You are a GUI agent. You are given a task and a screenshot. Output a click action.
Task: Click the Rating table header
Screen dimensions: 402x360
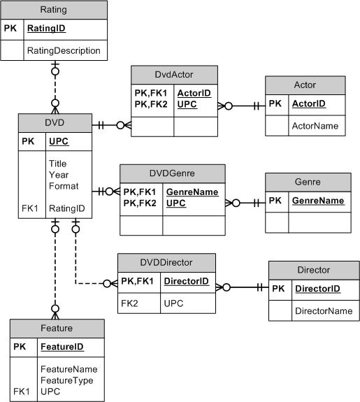[x=55, y=10]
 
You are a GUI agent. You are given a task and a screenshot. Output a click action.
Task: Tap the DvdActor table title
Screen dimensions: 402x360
[x=175, y=74]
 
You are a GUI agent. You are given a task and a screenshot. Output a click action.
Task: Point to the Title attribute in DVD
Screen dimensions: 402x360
[x=58, y=164]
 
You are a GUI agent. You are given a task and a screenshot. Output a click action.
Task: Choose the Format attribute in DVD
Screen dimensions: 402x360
[x=64, y=186]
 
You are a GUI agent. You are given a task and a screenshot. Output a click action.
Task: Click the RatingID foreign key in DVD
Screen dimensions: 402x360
[x=66, y=208]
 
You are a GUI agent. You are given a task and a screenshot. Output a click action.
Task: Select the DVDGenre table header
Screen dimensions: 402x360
[x=173, y=173]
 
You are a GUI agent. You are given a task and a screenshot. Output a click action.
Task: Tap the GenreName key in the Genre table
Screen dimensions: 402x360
[x=318, y=201]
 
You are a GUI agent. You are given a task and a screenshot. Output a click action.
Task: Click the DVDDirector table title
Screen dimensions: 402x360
[x=166, y=262]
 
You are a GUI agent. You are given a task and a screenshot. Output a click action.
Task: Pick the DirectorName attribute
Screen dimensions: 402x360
[x=322, y=310]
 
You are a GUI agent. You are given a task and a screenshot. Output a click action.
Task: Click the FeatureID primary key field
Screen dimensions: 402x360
[x=62, y=346]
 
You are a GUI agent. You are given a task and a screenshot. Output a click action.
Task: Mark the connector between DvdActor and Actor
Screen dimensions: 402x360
[x=242, y=107]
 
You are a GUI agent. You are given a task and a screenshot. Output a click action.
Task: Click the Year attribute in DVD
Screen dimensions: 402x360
[x=59, y=175]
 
